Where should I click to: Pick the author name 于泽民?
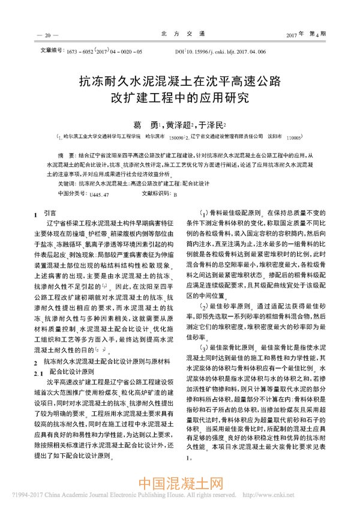click(x=214, y=122)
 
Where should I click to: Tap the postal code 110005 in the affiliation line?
click(x=298, y=137)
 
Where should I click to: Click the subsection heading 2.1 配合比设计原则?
click(x=63, y=372)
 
